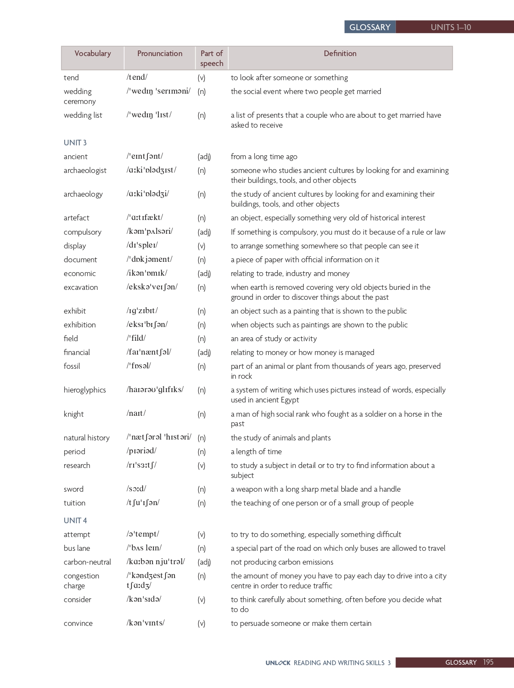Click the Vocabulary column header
[x=93, y=53]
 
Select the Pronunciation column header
[x=160, y=53]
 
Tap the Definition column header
[x=340, y=53]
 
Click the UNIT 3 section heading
[x=75, y=143]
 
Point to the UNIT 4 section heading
[x=75, y=521]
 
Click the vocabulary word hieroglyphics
[x=84, y=390]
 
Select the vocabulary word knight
[x=74, y=414]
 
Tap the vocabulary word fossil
[x=72, y=366]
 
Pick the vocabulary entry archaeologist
[x=85, y=170]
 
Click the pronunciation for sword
[x=136, y=489]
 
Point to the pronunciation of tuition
[x=143, y=503]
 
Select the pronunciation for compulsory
[x=150, y=232]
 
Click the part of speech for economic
[x=204, y=273]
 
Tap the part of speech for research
[x=201, y=465]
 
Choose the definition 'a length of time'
[x=256, y=452]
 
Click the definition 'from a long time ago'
[x=264, y=157]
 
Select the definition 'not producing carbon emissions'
[x=282, y=562]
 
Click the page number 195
[x=488, y=662]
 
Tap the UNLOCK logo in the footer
[x=278, y=663]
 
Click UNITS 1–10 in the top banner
[x=451, y=27]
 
